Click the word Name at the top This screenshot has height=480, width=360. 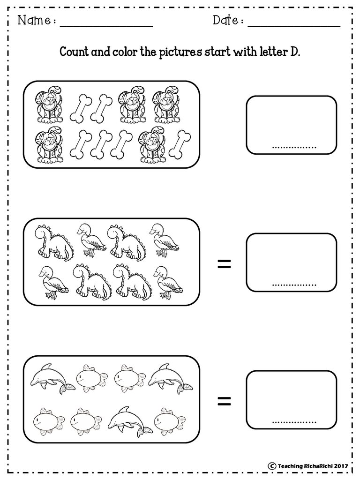tap(34, 21)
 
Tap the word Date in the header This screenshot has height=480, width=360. tap(225, 20)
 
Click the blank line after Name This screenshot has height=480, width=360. tap(106, 27)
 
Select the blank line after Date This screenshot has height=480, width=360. tap(294, 27)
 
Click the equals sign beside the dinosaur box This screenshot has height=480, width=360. tap(224, 264)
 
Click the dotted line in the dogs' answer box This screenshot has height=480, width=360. tap(294, 148)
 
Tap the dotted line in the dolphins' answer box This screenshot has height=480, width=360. tap(294, 423)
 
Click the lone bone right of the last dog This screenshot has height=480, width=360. tap(180, 144)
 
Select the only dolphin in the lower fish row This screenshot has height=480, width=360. tap(130, 421)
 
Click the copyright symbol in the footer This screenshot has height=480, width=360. tap(271, 466)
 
